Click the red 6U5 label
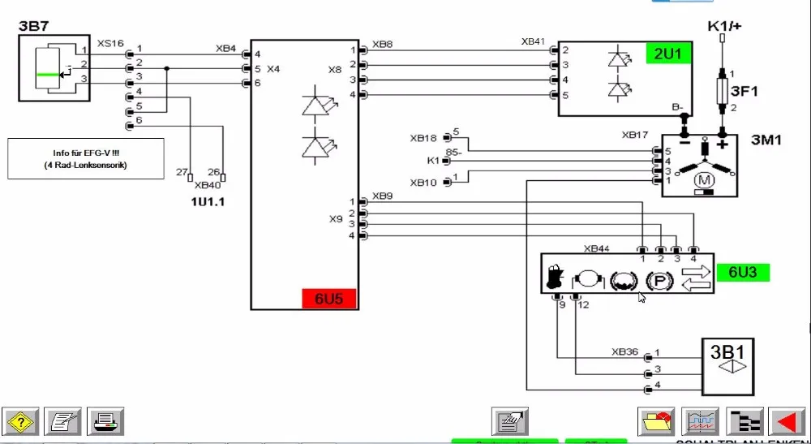click(x=328, y=299)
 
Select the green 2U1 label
click(x=669, y=54)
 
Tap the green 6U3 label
click(x=742, y=272)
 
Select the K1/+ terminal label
click(x=725, y=26)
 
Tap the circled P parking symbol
click(x=659, y=281)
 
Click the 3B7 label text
click(x=33, y=27)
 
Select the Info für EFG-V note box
click(x=86, y=158)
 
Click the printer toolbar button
click(x=105, y=421)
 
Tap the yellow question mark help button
click(x=20, y=421)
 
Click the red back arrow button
click(x=786, y=421)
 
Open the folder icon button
click(x=657, y=421)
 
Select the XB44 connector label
click(x=596, y=248)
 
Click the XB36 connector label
click(x=624, y=352)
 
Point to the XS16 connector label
click(x=110, y=42)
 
